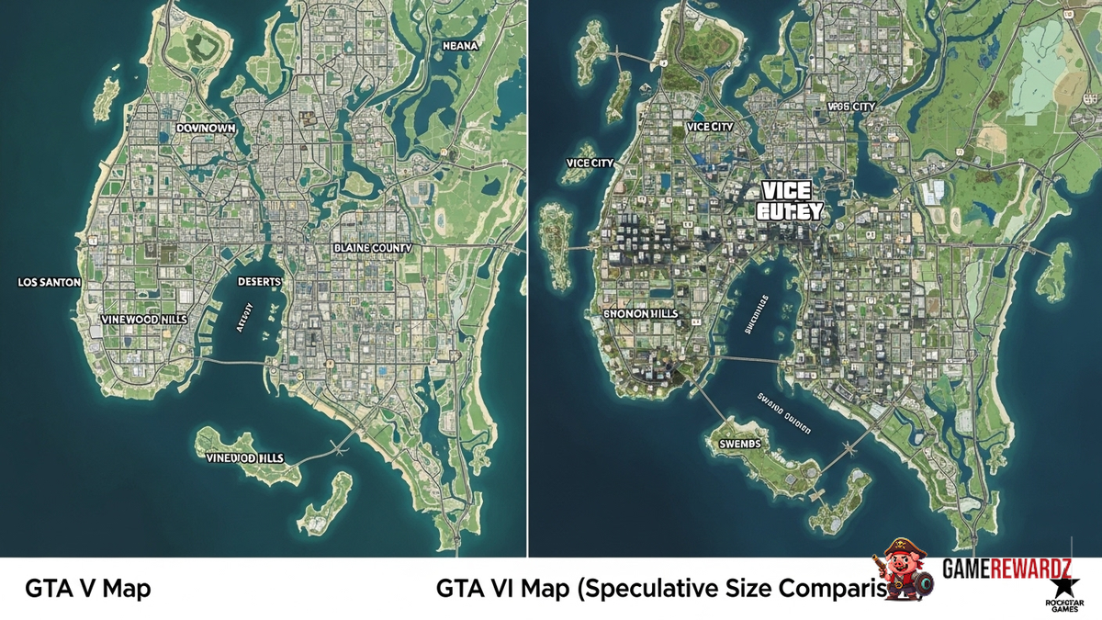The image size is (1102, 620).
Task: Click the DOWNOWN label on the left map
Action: point(206,130)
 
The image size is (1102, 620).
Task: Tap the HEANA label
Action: point(460,45)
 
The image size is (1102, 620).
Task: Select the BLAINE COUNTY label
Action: point(373,248)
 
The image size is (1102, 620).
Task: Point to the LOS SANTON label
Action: point(49,283)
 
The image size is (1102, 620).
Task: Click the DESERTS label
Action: point(259,281)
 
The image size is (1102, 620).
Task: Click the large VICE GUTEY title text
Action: point(788,201)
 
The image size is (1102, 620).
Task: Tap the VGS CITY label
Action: point(850,107)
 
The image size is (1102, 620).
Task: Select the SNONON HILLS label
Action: point(640,313)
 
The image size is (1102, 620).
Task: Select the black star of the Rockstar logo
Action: point(1061,586)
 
